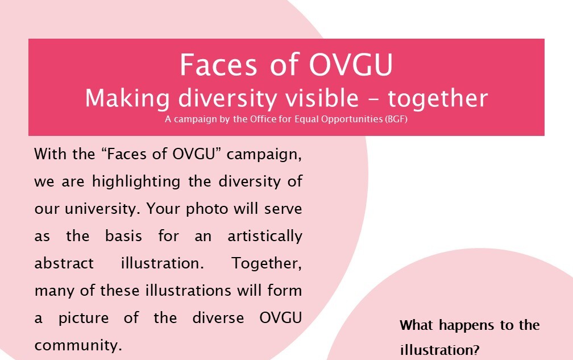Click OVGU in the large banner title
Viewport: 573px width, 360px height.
pos(351,65)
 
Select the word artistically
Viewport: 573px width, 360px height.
pos(265,236)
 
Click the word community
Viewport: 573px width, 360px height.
pos(78,345)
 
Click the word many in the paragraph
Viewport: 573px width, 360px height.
pos(50,291)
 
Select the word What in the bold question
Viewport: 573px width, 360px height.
pos(416,325)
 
